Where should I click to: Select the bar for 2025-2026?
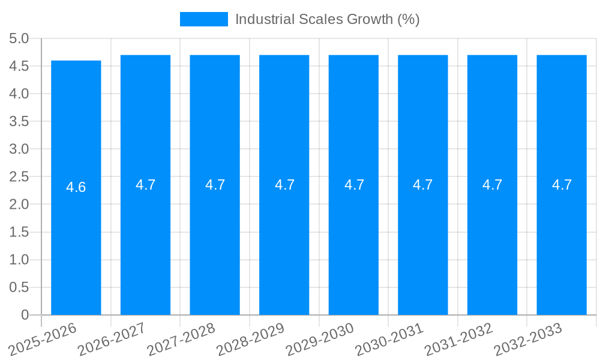pos(76,240)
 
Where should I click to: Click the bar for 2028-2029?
pos(284,240)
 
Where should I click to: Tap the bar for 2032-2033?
pos(562,240)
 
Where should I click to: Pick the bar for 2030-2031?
pos(423,240)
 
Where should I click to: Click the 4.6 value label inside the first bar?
pos(76,187)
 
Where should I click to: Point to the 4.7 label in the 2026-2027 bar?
pos(146,185)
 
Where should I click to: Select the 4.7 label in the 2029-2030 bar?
pos(354,185)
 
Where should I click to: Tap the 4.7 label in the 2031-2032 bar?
pos(492,185)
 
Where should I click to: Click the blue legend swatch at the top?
pos(204,19)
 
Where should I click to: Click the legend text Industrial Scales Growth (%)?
pos(327,19)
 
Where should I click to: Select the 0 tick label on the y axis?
pos(25,315)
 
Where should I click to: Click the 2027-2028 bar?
pos(215,240)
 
